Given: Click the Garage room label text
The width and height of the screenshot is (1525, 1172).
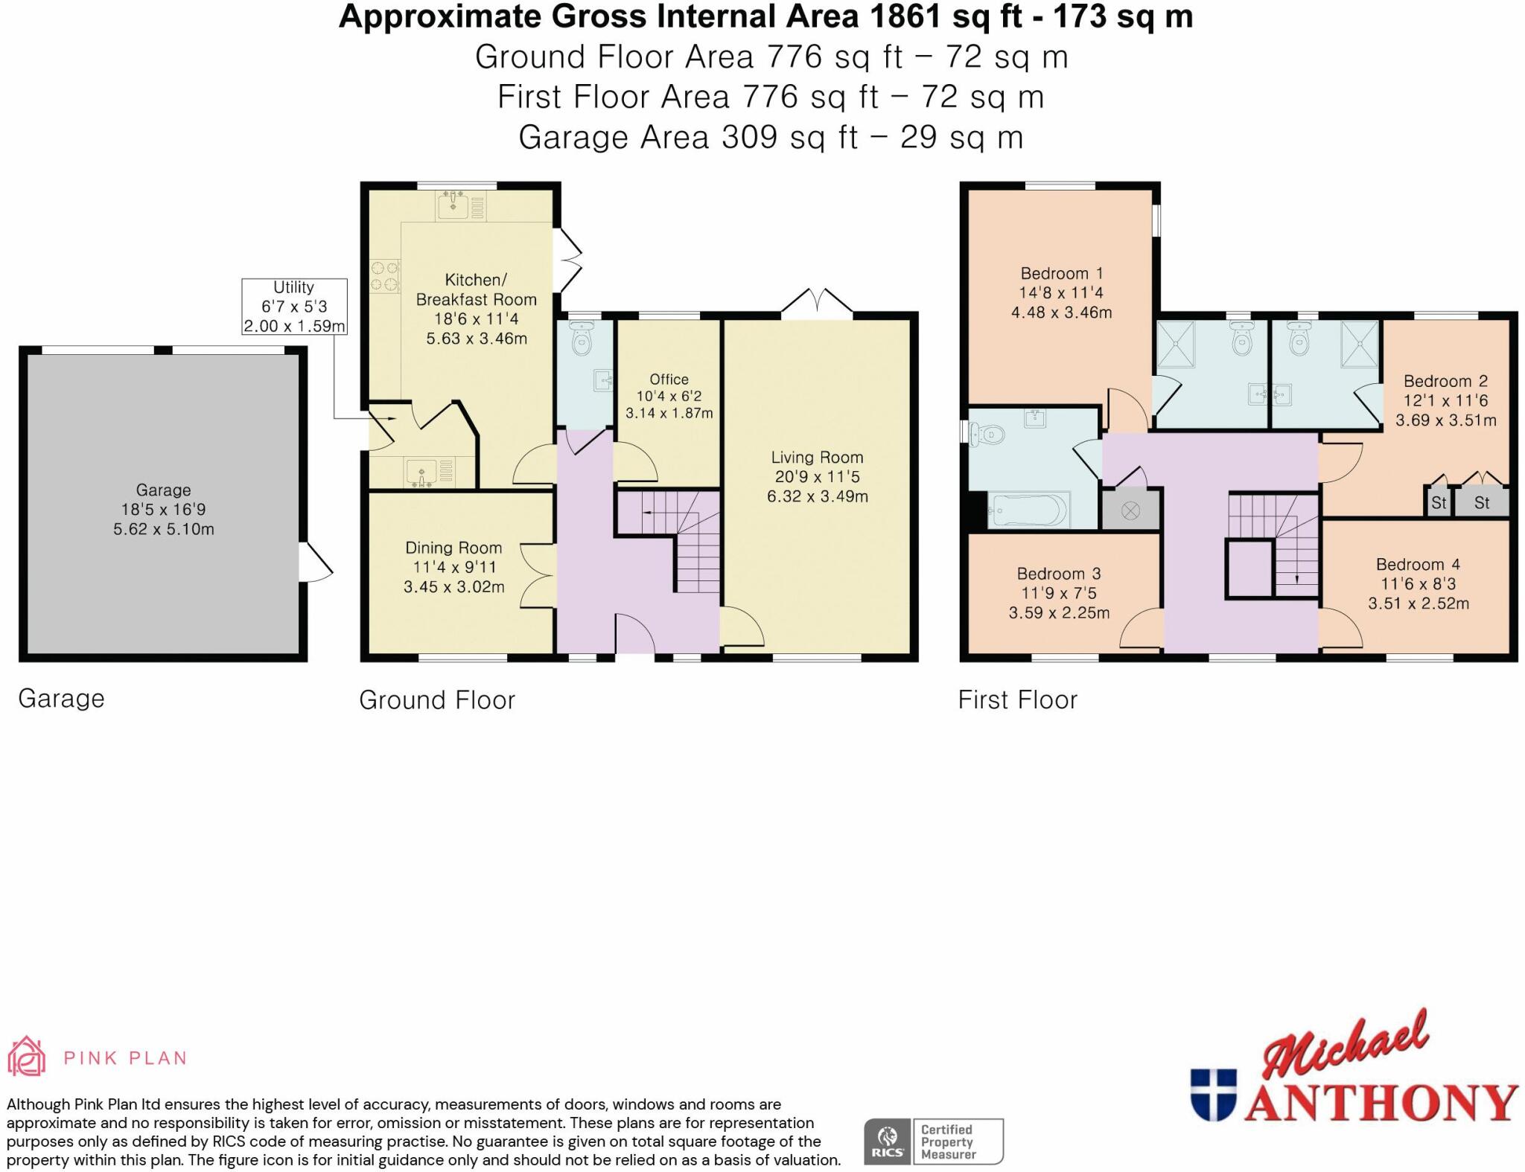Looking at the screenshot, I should pos(163,490).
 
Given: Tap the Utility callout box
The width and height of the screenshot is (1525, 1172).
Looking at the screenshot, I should pos(294,307).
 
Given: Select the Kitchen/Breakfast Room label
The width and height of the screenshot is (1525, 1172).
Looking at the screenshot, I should pos(476,289).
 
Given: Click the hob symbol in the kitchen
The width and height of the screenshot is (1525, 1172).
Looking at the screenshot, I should pos(385,275).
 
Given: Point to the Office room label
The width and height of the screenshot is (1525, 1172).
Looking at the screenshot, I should pos(669,380).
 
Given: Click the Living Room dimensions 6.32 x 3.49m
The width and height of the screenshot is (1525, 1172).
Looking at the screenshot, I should pos(818,496).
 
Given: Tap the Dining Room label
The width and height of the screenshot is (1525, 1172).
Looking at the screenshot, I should pos(453,548).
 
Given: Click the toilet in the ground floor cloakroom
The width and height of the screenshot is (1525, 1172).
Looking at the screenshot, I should pos(582,341).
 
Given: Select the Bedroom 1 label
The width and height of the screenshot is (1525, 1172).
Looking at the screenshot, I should pos(1061,273).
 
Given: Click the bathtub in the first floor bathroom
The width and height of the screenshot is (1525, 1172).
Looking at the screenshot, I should pos(1028,510).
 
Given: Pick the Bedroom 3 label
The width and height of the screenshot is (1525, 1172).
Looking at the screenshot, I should pos(1058,574).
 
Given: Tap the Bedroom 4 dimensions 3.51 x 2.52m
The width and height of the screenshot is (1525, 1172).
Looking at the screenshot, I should pos(1418,603).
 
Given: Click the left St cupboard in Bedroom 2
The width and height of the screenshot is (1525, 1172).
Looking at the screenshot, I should pos(1438,503).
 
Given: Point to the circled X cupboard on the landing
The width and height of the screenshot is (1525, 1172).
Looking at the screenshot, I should pos(1130,510).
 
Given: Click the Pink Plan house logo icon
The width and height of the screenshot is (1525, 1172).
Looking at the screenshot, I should pos(27,1057).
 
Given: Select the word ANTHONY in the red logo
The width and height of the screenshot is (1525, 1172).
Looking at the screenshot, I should pos(1381,1104).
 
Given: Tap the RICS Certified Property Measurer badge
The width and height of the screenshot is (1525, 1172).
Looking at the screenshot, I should pos(933,1141).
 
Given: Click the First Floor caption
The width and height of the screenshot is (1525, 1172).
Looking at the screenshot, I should pos(1017,699).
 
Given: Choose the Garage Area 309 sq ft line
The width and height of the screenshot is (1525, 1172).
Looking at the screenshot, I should pos(770,138).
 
